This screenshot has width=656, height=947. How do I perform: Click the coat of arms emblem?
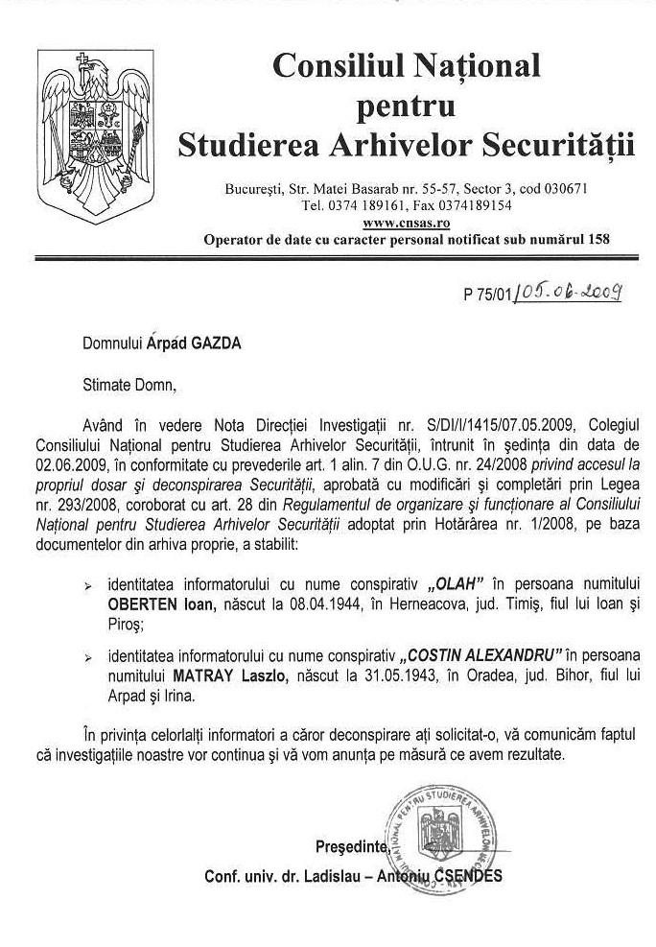[91, 134]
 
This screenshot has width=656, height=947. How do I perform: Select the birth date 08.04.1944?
[325, 604]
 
